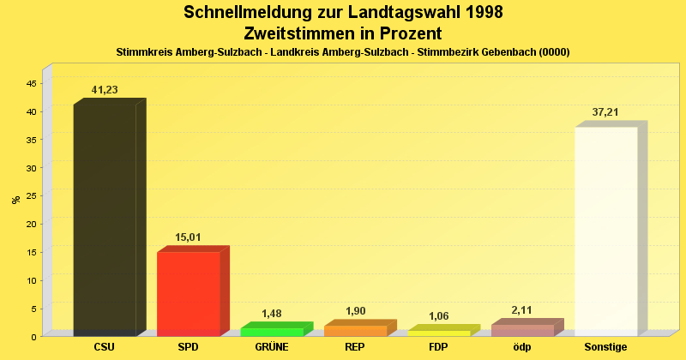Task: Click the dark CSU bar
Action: coord(105,219)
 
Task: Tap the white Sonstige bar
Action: coord(605,231)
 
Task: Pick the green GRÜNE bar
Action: coord(271,332)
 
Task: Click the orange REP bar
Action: coord(355,331)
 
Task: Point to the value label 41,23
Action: coord(105,90)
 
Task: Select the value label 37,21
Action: coord(605,112)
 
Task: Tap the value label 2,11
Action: coord(522,310)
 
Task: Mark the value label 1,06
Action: coord(438,316)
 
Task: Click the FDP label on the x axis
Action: coord(438,347)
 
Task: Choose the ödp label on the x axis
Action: coord(522,347)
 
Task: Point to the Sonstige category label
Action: coord(605,347)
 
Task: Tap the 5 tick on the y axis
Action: coord(33,309)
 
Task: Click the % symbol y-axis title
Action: coord(16,200)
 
